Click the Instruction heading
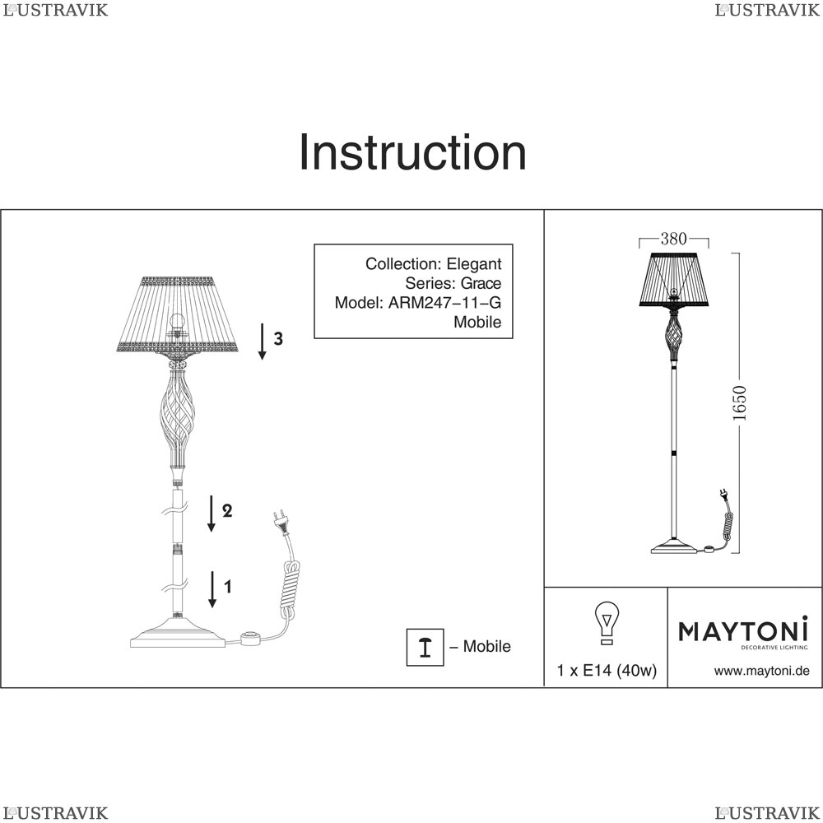412,152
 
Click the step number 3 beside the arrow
278,339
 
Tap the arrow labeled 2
211,514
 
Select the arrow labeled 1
212,589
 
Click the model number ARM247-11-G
444,303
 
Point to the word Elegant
474,264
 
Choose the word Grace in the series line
481,283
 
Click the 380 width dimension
673,239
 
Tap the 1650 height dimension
739,403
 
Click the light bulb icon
607,622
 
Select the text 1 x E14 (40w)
607,670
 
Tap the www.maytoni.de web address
761,671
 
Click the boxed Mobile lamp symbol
425,647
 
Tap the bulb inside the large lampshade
178,322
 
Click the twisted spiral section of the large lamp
178,418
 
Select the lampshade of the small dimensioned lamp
674,279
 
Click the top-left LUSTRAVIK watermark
56,10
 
